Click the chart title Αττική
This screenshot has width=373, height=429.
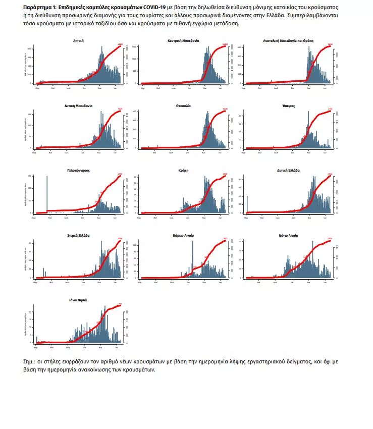coord(78,40)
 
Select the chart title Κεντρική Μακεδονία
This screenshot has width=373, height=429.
coord(183,40)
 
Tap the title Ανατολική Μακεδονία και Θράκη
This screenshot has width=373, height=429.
coord(289,40)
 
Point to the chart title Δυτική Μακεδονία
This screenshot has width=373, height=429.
coord(78,106)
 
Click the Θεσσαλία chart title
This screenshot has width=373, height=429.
coord(183,106)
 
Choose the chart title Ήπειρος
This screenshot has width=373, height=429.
coord(289,106)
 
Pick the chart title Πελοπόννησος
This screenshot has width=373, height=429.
coord(78,171)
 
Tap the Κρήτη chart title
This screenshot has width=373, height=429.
coord(183,171)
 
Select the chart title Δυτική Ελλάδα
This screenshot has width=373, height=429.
coord(289,171)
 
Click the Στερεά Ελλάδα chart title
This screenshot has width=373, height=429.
coord(78,235)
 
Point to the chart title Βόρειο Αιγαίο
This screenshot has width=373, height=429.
coord(183,235)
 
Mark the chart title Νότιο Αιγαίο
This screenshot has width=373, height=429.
coord(289,235)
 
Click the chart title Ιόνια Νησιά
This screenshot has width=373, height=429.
coord(78,300)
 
